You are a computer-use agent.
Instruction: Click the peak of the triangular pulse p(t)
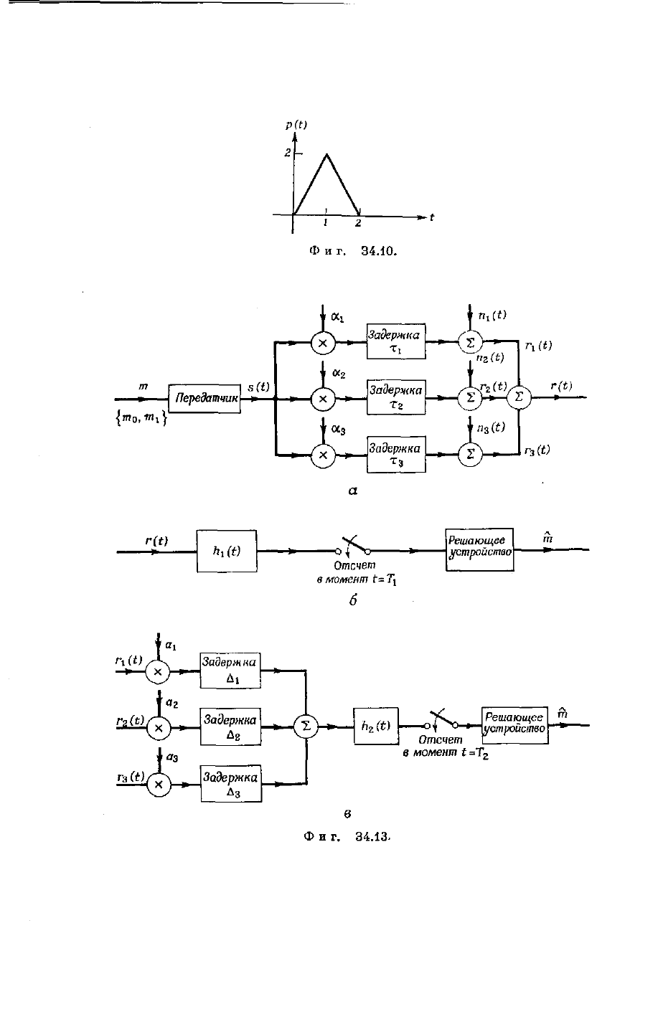[x=326, y=155]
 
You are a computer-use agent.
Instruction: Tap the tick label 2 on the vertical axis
[x=287, y=153]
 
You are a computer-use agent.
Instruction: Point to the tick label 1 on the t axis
[x=325, y=222]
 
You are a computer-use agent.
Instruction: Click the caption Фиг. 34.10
[x=352, y=250]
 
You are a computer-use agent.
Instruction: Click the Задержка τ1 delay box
[x=396, y=341]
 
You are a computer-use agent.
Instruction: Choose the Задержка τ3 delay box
[x=396, y=455]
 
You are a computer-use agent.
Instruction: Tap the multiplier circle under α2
[x=323, y=399]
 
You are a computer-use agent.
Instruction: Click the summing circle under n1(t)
[x=470, y=342]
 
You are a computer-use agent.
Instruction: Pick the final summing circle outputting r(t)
[x=519, y=397]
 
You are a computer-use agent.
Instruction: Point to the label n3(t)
[x=491, y=427]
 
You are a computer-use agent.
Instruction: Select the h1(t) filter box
[x=227, y=551]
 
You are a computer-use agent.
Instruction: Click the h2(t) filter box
[x=376, y=726]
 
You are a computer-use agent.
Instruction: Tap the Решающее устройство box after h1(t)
[x=479, y=549]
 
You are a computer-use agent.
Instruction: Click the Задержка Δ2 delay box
[x=230, y=727]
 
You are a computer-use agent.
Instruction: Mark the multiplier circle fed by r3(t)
[x=159, y=785]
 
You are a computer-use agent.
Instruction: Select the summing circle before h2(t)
[x=306, y=727]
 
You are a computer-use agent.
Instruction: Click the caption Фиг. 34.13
[x=347, y=836]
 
